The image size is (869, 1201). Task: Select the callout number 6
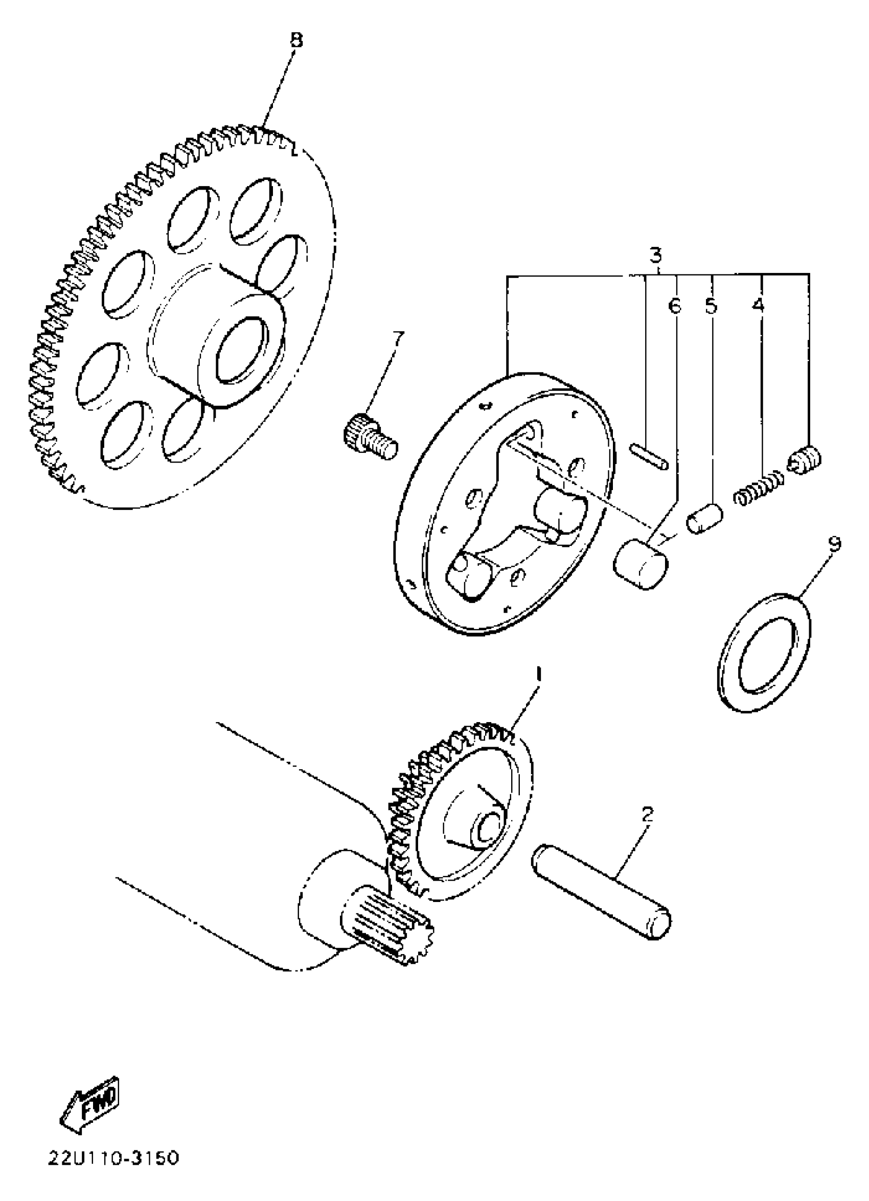[x=674, y=306]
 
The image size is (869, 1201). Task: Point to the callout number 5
[x=711, y=306]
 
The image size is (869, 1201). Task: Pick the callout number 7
[x=398, y=338]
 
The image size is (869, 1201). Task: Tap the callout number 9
[x=834, y=544]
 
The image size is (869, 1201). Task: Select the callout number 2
[x=647, y=815]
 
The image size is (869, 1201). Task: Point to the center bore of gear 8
[x=241, y=351]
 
